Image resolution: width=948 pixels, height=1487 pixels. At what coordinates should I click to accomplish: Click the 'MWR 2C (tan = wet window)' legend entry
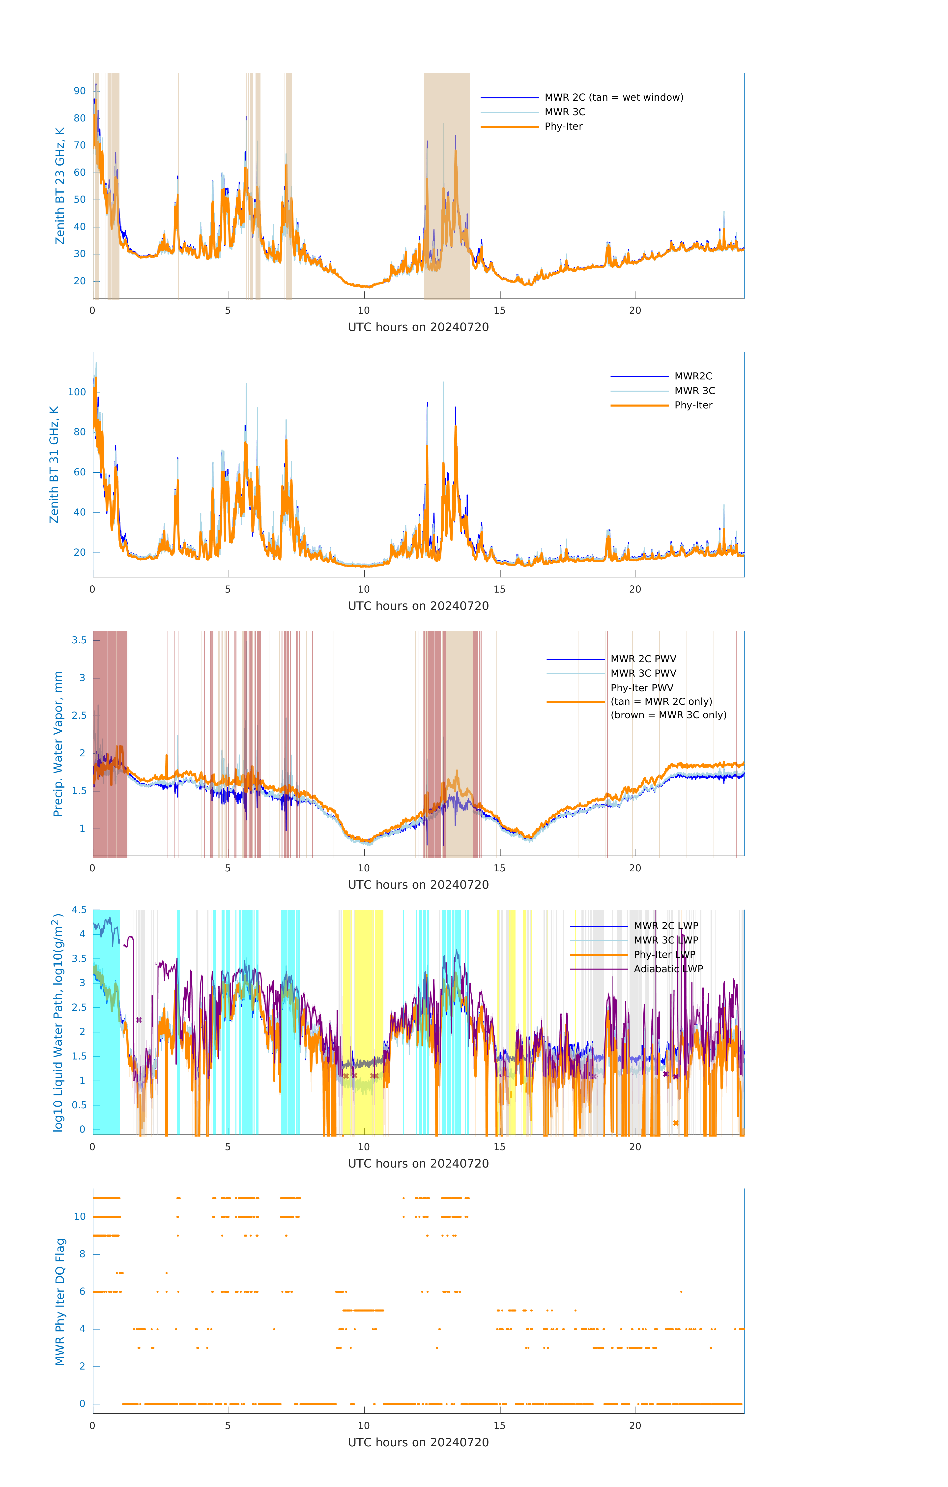coord(613,98)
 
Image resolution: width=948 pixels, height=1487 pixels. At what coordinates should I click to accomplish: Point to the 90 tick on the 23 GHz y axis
coord(80,91)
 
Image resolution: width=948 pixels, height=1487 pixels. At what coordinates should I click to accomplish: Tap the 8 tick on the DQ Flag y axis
coord(82,1254)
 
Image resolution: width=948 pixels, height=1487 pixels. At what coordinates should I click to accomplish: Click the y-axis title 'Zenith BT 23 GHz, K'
coord(60,186)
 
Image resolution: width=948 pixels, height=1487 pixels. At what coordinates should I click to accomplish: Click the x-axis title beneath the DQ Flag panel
coord(418,1443)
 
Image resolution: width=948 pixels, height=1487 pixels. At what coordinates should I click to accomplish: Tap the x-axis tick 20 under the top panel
coord(635,311)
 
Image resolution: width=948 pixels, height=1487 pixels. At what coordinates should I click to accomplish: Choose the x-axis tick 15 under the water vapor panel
coord(499,868)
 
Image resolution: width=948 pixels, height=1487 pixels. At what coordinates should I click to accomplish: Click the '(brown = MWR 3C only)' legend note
coord(668,715)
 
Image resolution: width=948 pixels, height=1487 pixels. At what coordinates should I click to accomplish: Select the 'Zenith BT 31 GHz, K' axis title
coord(54,464)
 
